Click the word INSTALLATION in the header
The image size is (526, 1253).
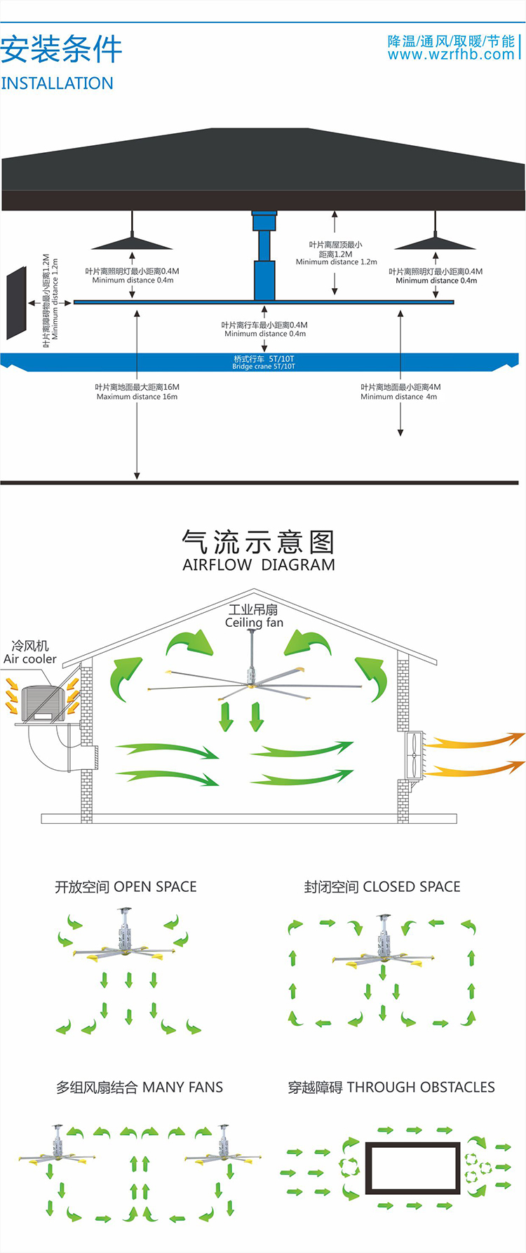(x=57, y=83)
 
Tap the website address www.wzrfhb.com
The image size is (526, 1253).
(x=451, y=55)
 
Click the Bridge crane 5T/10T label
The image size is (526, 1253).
(x=264, y=363)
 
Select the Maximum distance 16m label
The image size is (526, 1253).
(x=137, y=392)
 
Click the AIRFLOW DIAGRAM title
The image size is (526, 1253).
(x=258, y=565)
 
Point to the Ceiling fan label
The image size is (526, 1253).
(x=254, y=623)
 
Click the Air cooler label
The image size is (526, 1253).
(x=29, y=659)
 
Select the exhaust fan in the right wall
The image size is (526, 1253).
(x=415, y=754)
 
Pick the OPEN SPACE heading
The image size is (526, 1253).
(x=126, y=887)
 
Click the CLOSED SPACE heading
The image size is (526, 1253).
(x=382, y=887)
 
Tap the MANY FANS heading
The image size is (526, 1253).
(x=140, y=1088)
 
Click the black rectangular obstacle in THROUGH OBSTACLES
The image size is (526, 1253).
(x=412, y=1168)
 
